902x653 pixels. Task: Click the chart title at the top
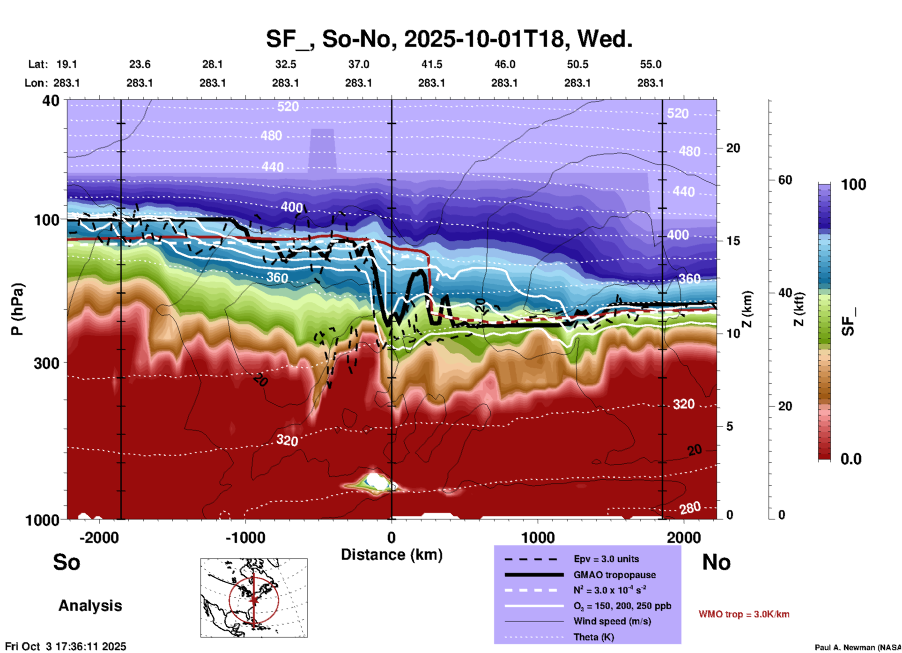(449, 39)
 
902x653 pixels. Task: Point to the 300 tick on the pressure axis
(46, 363)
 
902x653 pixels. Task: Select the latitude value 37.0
(358, 64)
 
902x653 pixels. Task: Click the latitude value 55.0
(651, 64)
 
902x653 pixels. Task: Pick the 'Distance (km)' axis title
(392, 555)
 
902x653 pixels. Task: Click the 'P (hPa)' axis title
(17, 309)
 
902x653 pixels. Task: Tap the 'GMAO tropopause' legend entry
(614, 575)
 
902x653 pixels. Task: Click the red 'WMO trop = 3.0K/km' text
(744, 614)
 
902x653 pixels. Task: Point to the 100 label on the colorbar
(853, 185)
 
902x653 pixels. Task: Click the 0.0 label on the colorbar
(851, 459)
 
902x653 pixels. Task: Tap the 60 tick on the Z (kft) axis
(785, 180)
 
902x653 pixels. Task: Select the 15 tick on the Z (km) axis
(733, 241)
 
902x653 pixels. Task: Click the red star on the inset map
(254, 600)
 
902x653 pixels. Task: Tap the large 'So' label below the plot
(67, 562)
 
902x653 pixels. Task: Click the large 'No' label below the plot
(716, 562)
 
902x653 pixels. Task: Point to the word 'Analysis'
(90, 606)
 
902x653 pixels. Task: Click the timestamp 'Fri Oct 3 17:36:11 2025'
(66, 646)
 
